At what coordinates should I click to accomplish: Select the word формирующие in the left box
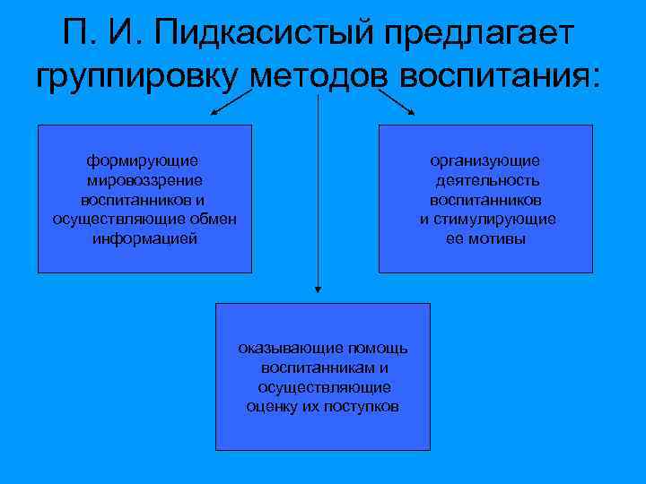tap(143, 160)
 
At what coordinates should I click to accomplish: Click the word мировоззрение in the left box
tap(144, 180)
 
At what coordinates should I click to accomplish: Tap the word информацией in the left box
tap(144, 239)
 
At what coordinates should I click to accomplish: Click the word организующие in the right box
tap(485, 160)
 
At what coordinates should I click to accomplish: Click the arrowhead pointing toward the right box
tap(412, 112)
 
